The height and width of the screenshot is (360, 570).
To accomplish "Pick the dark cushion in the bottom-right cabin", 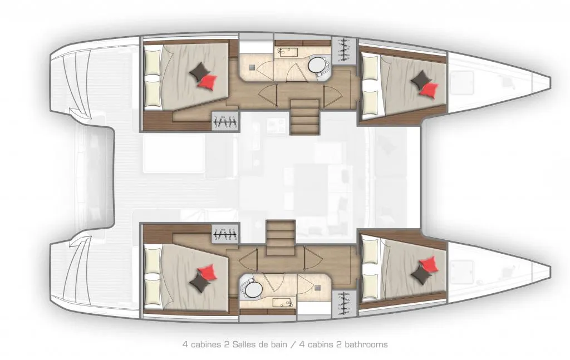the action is (421, 274).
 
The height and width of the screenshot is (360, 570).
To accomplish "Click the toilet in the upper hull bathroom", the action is (317, 66).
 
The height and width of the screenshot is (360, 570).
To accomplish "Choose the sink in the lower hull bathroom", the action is (283, 302).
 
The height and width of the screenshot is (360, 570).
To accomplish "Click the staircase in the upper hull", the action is (304, 116).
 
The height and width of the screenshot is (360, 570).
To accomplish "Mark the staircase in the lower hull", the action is (281, 238).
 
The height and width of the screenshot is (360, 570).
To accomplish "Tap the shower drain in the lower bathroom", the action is (318, 288).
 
